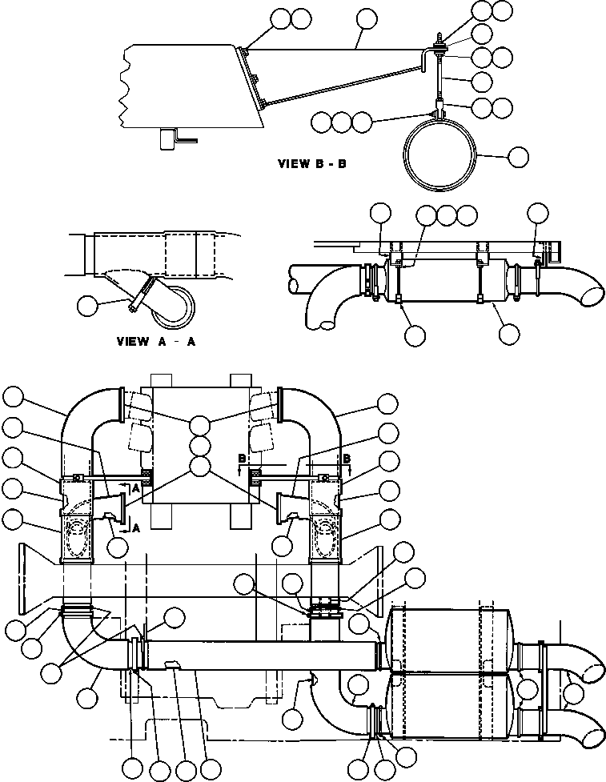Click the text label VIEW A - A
click(156, 341)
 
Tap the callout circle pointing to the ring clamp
click(519, 157)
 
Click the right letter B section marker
click(346, 459)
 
